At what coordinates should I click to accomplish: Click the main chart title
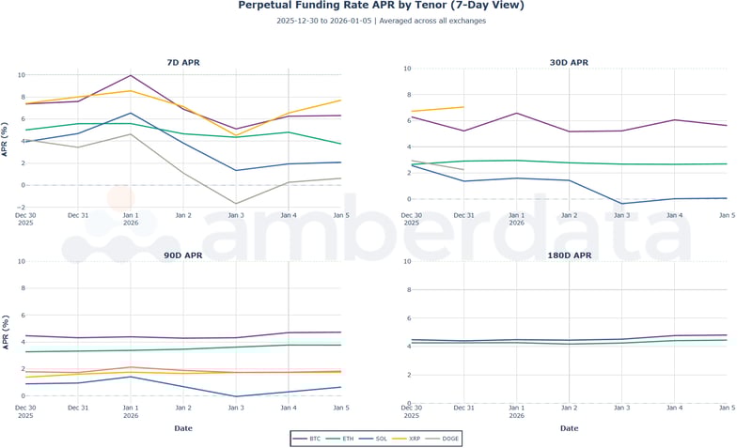click(381, 6)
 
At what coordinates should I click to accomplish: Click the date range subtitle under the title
click(381, 21)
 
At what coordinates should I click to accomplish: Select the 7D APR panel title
click(183, 63)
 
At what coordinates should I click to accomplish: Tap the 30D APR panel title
click(569, 63)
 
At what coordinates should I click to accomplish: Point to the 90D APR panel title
click(183, 255)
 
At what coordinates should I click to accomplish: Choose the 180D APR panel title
click(569, 255)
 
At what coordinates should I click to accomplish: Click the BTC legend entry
click(307, 439)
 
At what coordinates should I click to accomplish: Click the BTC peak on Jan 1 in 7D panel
click(131, 75)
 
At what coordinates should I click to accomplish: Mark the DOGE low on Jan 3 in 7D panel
click(236, 204)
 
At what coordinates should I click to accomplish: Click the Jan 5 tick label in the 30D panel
click(727, 216)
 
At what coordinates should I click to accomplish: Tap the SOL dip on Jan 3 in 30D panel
click(622, 204)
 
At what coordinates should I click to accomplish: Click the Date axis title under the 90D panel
click(183, 428)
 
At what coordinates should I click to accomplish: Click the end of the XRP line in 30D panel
click(464, 107)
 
